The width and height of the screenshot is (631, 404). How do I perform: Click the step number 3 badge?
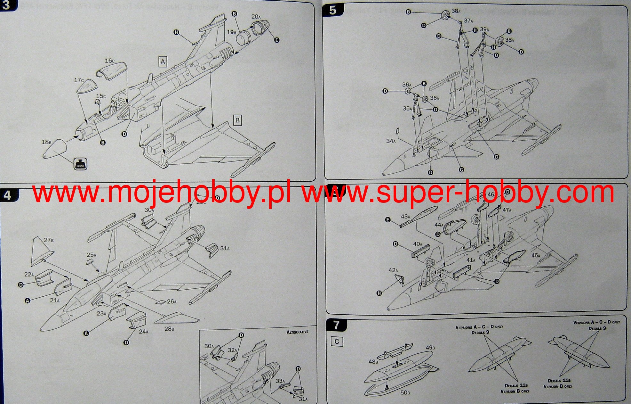pos(7,5)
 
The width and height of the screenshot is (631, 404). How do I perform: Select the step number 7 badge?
pos(336,325)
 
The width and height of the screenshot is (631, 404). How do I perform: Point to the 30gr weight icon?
pos(80,164)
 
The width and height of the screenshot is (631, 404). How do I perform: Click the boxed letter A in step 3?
pos(163,62)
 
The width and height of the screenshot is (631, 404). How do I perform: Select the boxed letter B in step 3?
pos(237,120)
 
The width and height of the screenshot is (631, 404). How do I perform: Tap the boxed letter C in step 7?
pos(337,342)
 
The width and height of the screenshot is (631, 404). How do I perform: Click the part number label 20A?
pos(256,17)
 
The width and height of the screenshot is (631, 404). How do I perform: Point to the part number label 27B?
pos(49,240)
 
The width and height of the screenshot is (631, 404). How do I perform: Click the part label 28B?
pos(169,328)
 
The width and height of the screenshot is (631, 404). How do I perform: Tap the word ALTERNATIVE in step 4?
pos(297,332)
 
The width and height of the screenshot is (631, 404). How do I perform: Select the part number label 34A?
pos(391,141)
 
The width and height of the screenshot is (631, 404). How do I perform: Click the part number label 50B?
pos(405,392)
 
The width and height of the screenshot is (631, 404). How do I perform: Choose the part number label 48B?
pos(373,362)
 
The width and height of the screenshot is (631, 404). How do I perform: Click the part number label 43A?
pos(405,217)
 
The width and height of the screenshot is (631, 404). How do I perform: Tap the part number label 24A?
pos(143,332)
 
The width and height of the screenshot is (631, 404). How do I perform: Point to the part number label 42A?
pos(393,270)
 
